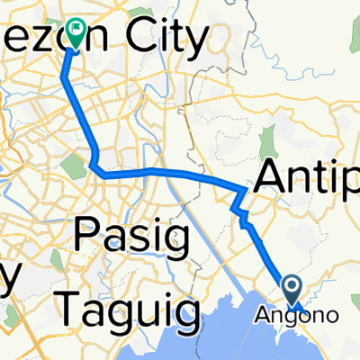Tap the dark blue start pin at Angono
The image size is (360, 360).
tap(293, 288)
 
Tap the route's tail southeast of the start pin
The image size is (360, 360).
tap(306, 313)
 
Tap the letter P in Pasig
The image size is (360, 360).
tap(87, 239)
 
